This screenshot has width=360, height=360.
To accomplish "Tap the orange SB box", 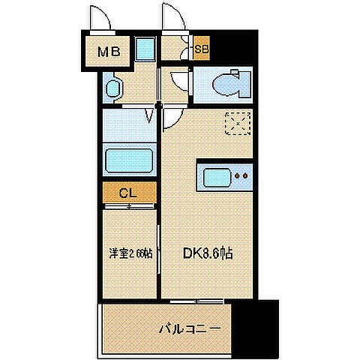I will point(201,50).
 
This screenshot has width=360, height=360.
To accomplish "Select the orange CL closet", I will point(129,192).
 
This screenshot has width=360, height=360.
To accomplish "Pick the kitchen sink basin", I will point(214,179).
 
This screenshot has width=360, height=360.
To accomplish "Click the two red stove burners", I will point(241,178).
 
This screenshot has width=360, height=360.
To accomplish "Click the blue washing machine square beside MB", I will point(146,51).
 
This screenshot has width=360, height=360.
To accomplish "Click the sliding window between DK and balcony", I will point(194,301).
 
